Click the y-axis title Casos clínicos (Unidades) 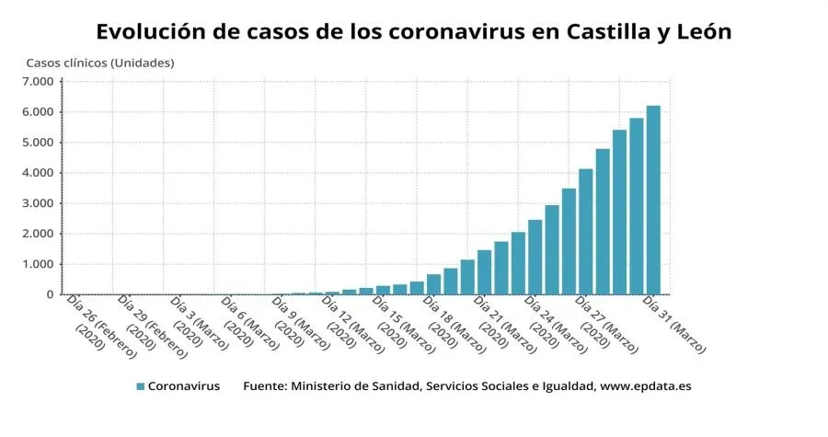coord(99,63)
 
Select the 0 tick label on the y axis coord(50,294)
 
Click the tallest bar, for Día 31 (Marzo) coord(653,200)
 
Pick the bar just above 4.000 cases coord(586,231)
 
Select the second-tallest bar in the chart coord(637,206)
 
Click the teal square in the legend coord(141,386)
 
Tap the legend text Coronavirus coord(184,386)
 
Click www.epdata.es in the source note coord(645,386)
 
